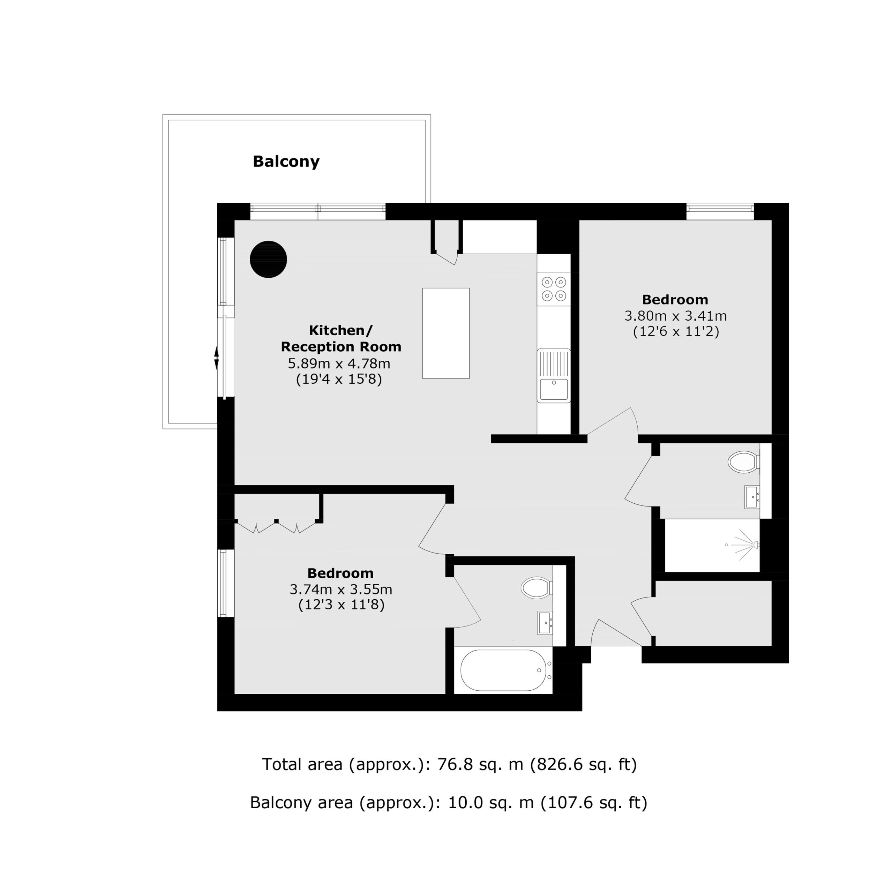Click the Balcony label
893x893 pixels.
[x=286, y=161]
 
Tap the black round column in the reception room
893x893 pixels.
[x=269, y=259]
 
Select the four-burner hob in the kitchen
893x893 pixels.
[x=554, y=289]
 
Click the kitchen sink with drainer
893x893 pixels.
[x=554, y=375]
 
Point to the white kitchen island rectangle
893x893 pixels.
[x=446, y=333]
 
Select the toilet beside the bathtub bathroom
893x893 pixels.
[x=536, y=588]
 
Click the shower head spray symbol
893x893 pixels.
[x=742, y=546]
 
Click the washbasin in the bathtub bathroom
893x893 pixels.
[x=545, y=623]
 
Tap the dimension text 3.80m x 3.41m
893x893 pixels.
[x=675, y=316]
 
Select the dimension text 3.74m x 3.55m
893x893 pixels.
[x=341, y=589]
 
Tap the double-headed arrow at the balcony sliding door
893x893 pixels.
[x=216, y=358]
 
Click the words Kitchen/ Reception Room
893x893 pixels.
[x=341, y=338]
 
